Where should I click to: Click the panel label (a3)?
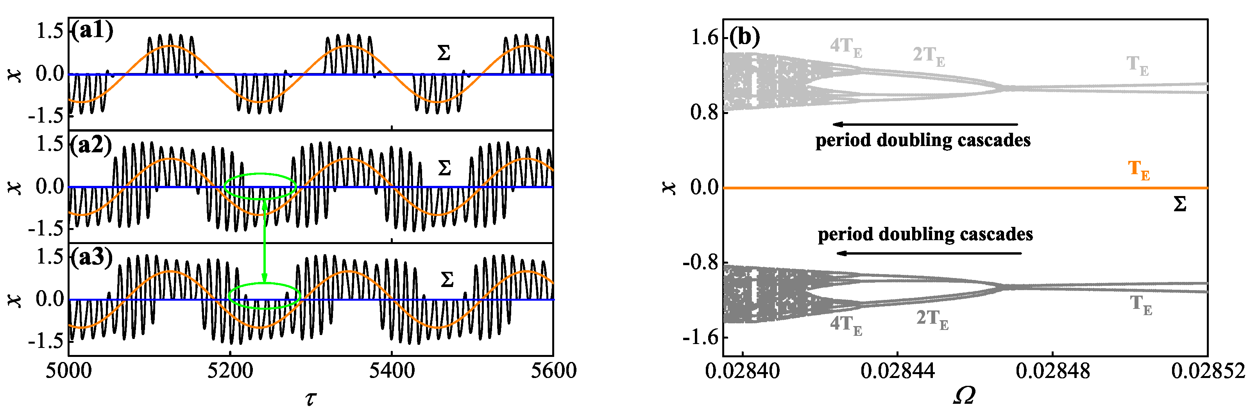pos(91,257)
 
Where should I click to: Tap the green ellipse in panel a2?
pos(260,174)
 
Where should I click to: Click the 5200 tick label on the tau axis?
pos(230,371)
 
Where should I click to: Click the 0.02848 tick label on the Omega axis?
pos(1052,372)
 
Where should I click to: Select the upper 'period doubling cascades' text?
pos(923,140)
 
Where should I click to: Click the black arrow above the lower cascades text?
pos(929,253)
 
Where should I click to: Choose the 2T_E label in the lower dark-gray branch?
pos(932,319)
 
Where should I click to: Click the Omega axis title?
pos(965,396)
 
